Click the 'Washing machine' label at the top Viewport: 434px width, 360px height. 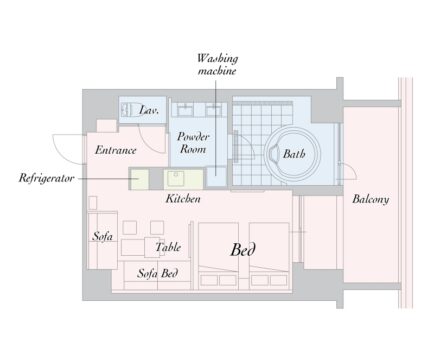[x=217, y=64]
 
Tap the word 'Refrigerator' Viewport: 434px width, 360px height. [x=46, y=178]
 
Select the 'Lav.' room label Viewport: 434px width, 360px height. [x=149, y=110]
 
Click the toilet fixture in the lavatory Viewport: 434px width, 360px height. [x=129, y=109]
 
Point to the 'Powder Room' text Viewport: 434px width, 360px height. [x=193, y=143]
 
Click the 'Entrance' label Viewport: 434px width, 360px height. [x=115, y=150]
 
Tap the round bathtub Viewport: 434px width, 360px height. [x=293, y=154]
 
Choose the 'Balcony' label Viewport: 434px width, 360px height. [x=371, y=199]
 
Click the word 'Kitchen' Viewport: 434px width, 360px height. [x=183, y=199]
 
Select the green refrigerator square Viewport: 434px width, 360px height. [x=139, y=179]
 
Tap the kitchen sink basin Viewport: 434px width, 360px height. [x=175, y=178]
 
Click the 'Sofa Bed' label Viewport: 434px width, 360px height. [x=157, y=273]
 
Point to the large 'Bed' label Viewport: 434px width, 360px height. [x=243, y=249]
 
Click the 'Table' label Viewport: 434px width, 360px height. [x=168, y=247]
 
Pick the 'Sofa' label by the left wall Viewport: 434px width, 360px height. [x=102, y=236]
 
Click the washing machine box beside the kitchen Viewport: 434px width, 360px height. [x=216, y=176]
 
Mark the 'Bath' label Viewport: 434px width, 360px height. [x=294, y=154]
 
